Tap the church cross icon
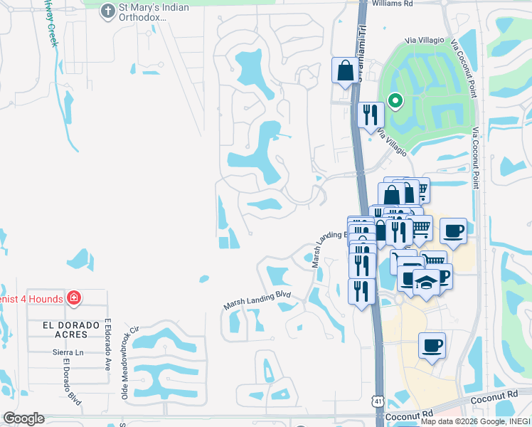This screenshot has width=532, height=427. (x=107, y=11)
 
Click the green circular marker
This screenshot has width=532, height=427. (x=393, y=102)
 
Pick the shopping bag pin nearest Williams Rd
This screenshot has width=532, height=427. (x=345, y=72)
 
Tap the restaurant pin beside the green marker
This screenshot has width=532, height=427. (x=370, y=116)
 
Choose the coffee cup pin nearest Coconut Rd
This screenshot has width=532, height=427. (x=432, y=347)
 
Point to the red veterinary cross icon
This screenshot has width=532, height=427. (x=73, y=297)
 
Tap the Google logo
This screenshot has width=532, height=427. (x=23, y=418)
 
